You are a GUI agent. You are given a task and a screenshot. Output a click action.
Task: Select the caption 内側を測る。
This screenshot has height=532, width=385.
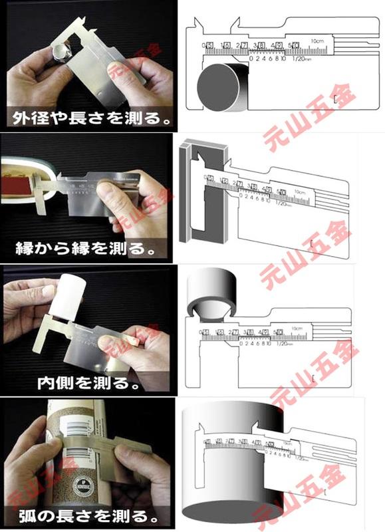click(x=87, y=384)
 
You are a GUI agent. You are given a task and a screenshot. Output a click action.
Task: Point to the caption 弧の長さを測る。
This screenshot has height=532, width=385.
click(x=88, y=515)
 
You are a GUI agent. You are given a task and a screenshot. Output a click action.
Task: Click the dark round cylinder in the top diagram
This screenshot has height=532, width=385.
click(x=223, y=87)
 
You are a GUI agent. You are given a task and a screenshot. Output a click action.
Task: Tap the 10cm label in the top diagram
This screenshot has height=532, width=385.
click(x=318, y=41)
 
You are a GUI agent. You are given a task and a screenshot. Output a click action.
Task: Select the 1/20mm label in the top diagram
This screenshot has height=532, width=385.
click(x=302, y=59)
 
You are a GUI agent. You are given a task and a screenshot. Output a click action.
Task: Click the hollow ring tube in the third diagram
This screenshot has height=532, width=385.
click(x=211, y=292)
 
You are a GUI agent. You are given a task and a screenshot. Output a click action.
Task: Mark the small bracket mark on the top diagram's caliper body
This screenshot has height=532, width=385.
click(x=340, y=98)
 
